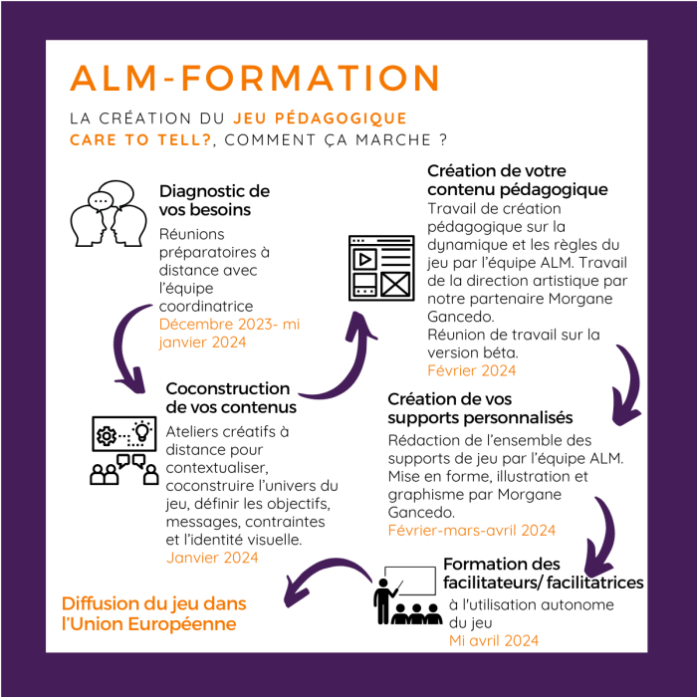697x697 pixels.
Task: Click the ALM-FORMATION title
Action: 255,79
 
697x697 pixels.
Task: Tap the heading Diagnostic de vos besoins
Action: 214,200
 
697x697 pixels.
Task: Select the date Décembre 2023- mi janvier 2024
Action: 229,334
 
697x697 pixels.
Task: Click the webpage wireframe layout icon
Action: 380,267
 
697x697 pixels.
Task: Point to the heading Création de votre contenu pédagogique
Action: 517,179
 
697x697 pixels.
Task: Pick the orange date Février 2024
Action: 471,370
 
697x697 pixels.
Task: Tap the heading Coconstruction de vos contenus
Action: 227,397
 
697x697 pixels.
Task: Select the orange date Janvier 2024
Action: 212,558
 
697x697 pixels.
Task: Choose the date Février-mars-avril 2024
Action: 471,530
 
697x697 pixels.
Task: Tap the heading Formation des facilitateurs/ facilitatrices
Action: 543,573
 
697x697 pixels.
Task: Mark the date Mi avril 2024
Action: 494,640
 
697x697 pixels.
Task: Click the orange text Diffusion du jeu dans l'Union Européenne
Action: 153,614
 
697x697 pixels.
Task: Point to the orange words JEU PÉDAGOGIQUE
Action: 321,117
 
